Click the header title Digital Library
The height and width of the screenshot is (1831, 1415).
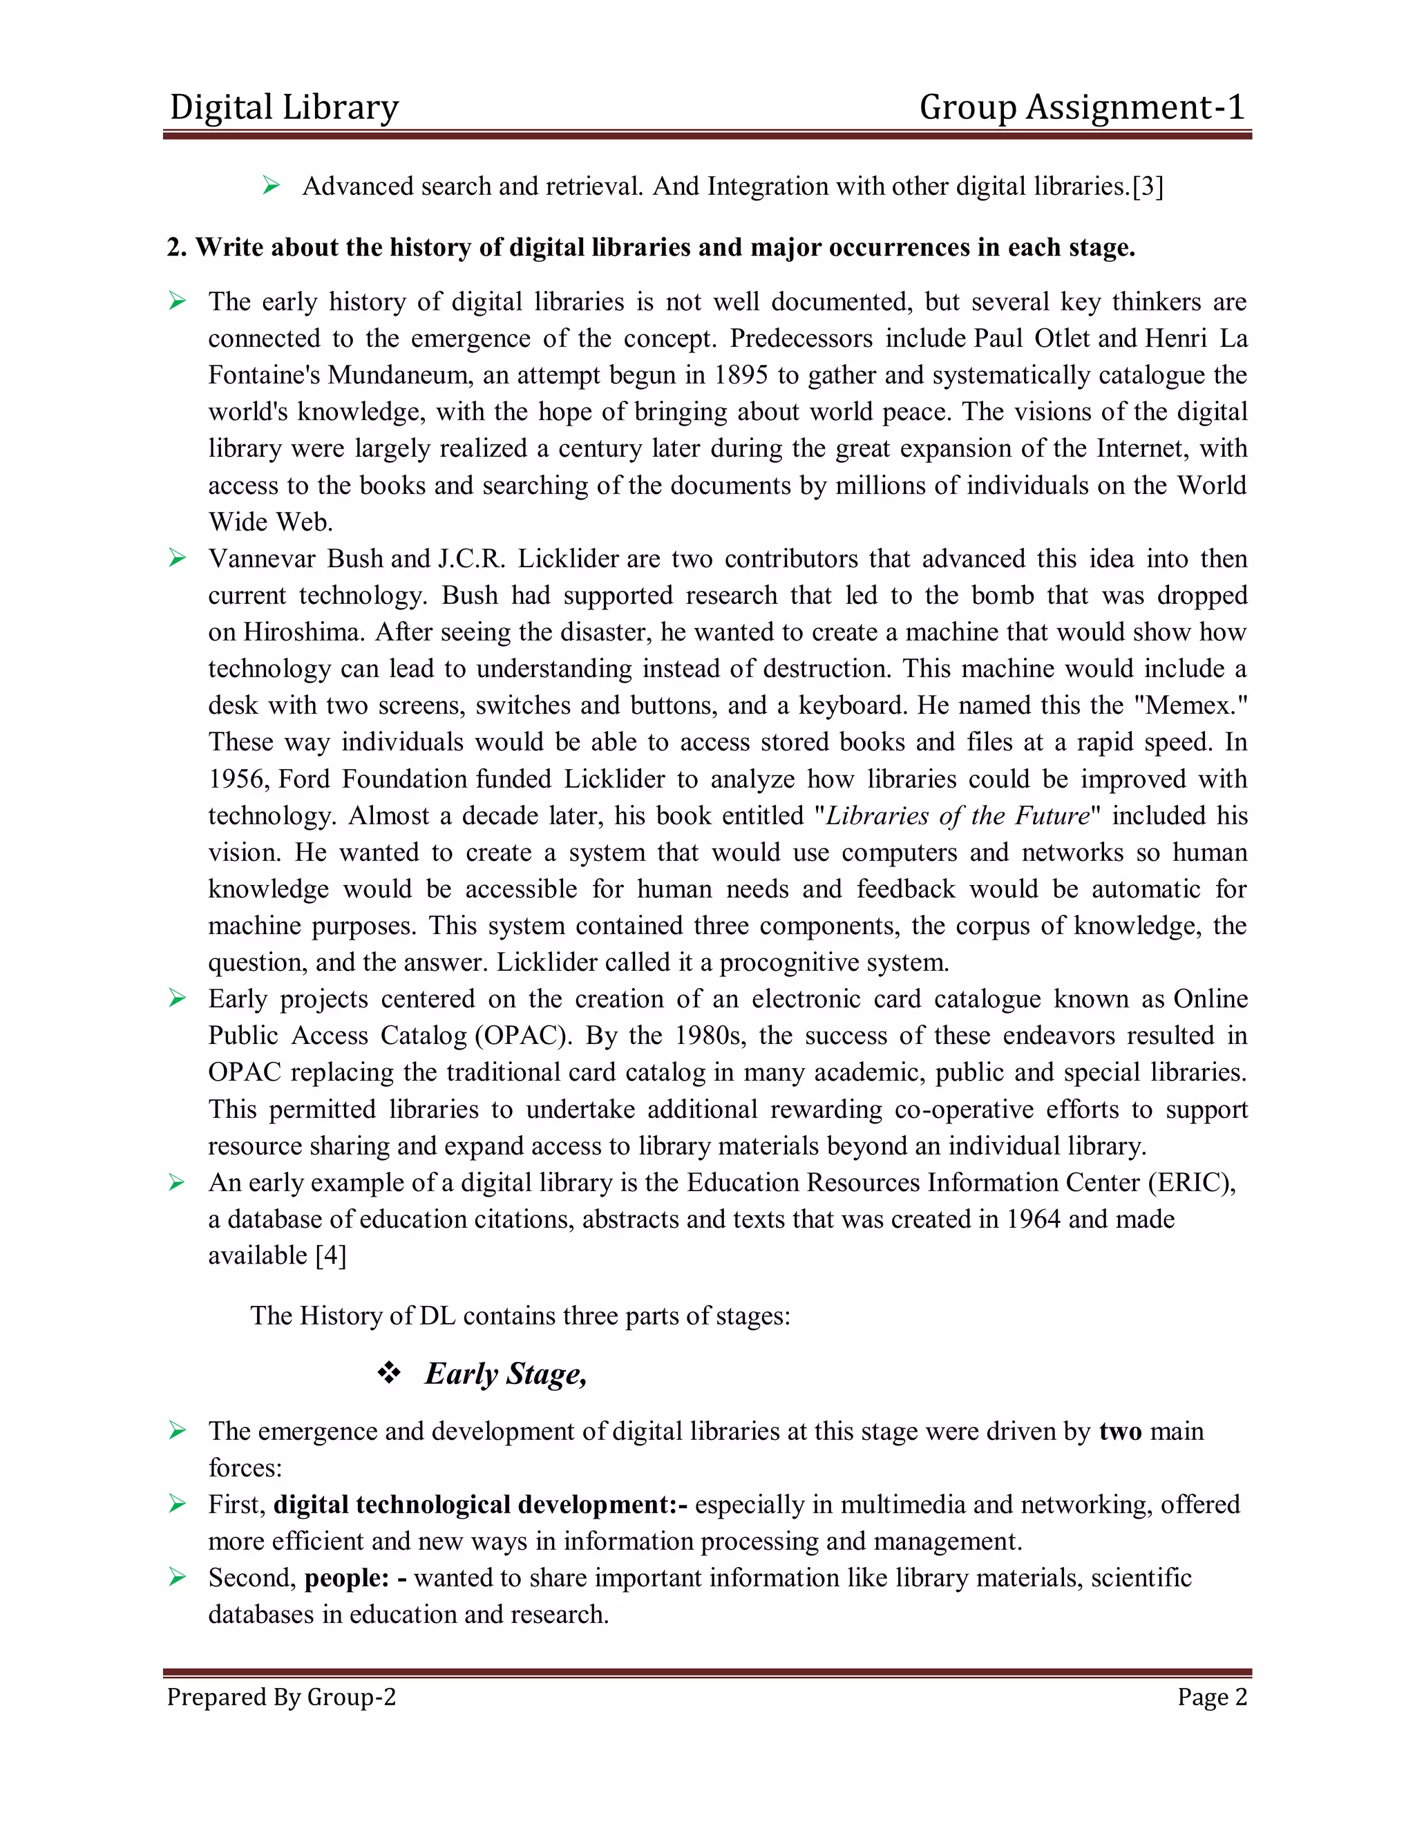click(x=284, y=107)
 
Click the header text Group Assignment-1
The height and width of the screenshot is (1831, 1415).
click(x=1081, y=107)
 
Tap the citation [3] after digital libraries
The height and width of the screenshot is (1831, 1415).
click(x=1148, y=186)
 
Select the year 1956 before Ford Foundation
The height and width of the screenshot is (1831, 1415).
click(x=238, y=779)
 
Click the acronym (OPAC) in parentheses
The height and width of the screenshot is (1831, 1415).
click(x=523, y=1036)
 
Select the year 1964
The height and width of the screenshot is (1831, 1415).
click(x=1033, y=1219)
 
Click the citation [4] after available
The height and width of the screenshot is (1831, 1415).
click(x=330, y=1256)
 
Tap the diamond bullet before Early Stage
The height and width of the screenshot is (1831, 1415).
click(x=389, y=1372)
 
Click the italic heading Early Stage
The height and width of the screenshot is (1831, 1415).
click(x=506, y=1374)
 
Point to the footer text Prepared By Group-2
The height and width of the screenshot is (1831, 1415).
click(x=281, y=1697)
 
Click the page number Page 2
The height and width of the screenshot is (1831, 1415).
click(x=1211, y=1697)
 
